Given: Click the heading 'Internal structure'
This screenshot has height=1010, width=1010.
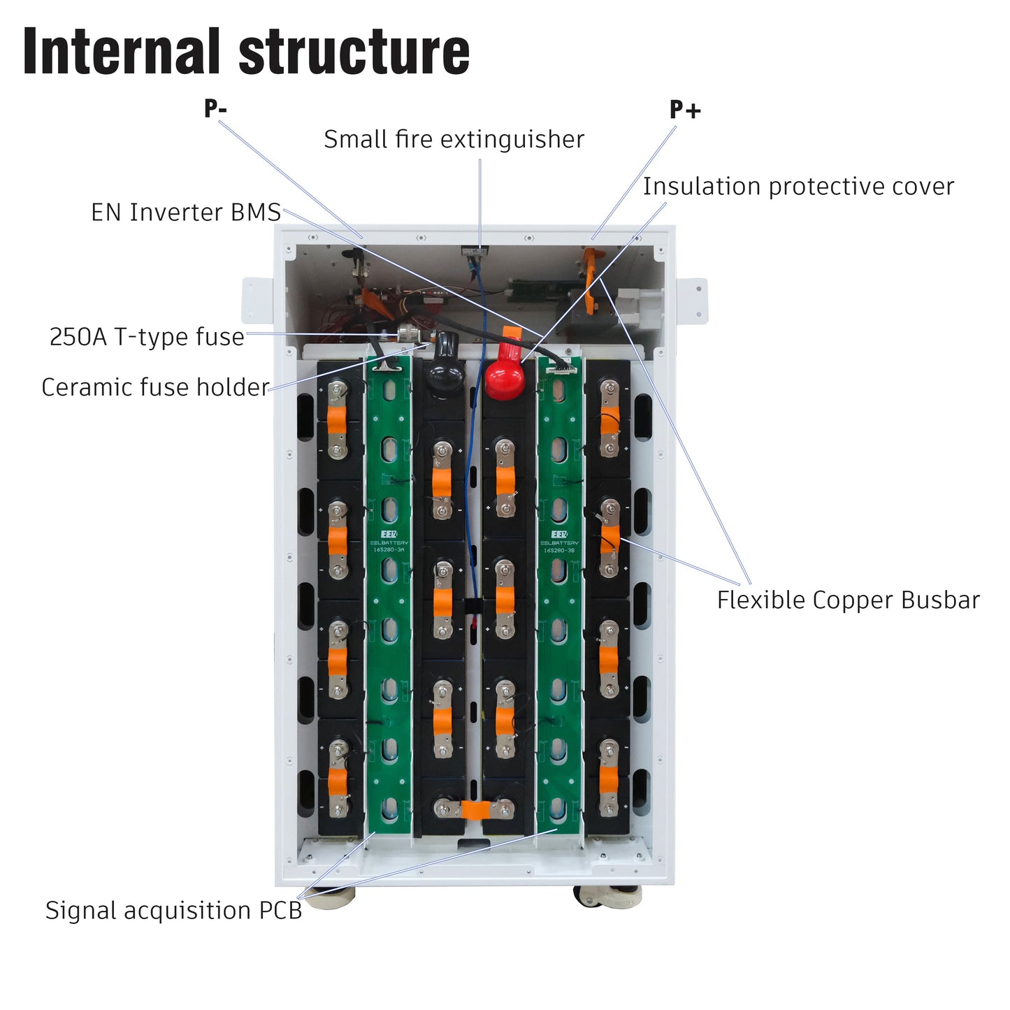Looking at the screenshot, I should [246, 52].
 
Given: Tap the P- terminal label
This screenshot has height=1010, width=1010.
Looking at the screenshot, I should [215, 109].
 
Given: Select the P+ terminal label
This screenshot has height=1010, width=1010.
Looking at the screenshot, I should [685, 110].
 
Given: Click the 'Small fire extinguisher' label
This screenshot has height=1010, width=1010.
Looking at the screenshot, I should [454, 140].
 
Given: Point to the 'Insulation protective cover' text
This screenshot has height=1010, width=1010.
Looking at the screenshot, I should [798, 187].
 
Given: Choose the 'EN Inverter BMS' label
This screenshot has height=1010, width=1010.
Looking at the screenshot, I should [186, 212].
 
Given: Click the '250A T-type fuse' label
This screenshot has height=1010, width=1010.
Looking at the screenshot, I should [147, 337].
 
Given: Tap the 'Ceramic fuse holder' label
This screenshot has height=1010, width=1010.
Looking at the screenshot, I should [155, 387].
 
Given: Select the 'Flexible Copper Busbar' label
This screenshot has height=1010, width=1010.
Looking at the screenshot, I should [848, 600].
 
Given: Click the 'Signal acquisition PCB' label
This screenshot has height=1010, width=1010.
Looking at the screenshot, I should [173, 911].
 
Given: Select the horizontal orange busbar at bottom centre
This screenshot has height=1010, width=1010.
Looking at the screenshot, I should [475, 809].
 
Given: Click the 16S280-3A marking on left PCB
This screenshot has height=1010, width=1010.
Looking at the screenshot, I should [389, 550].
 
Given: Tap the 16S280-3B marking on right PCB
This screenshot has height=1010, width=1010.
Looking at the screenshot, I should [559, 550].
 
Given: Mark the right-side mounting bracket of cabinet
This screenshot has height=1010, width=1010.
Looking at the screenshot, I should [691, 301].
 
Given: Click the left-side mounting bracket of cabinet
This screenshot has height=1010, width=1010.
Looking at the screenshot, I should [257, 301].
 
